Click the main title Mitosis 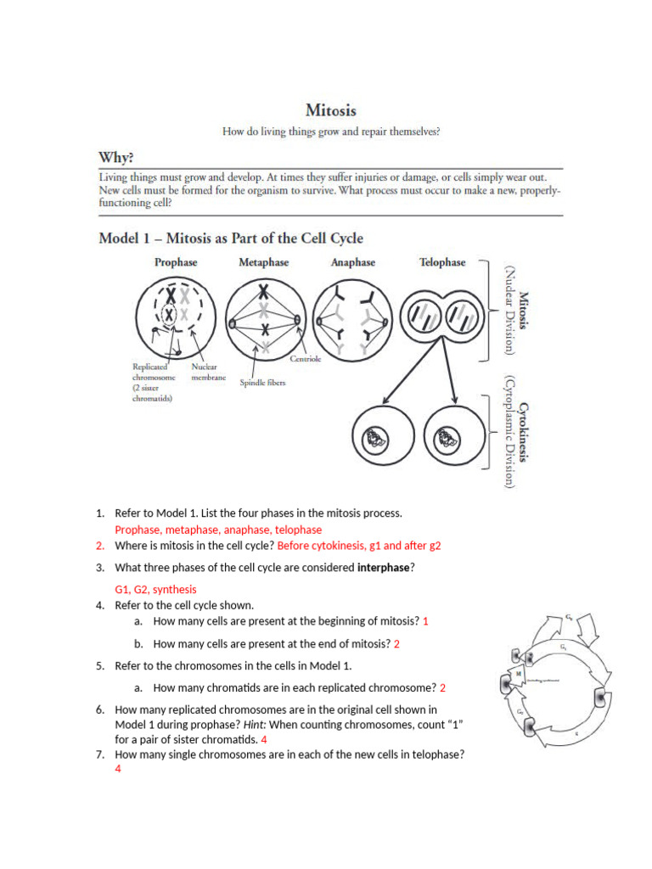(331, 110)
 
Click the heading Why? (116, 157)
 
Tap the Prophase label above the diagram (176, 262)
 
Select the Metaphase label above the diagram (263, 262)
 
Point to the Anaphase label (352, 262)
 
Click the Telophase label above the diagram (442, 262)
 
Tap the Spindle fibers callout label (262, 383)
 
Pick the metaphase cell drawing (264, 318)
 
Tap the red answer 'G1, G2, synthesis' (155, 589)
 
